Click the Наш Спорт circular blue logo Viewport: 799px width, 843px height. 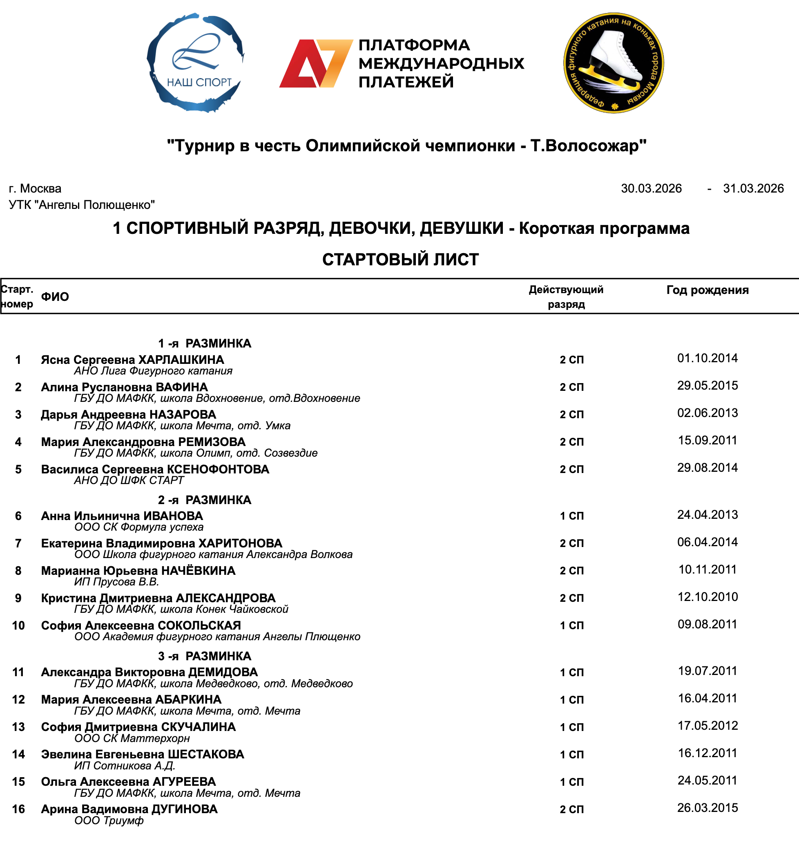(195, 63)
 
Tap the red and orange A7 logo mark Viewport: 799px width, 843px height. (316, 63)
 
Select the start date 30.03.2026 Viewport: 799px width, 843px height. (651, 188)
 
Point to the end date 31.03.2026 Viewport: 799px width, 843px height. (753, 188)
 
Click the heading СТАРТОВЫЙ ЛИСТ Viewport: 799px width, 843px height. (400, 260)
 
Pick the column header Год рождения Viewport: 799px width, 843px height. (707, 290)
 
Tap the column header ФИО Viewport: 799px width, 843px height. (55, 297)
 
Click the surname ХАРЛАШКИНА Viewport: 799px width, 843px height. (181, 360)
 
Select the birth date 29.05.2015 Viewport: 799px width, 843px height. (707, 385)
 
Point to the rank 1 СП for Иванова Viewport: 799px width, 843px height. (571, 516)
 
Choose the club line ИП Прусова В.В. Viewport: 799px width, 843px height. (116, 582)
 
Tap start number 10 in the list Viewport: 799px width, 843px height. (18, 625)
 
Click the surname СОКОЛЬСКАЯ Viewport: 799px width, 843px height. (199, 625)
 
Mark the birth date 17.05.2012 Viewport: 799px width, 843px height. (707, 725)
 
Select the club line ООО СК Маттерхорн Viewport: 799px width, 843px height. (132, 738)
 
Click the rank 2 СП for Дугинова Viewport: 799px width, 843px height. (571, 809)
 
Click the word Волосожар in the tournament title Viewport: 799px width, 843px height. (586, 146)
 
